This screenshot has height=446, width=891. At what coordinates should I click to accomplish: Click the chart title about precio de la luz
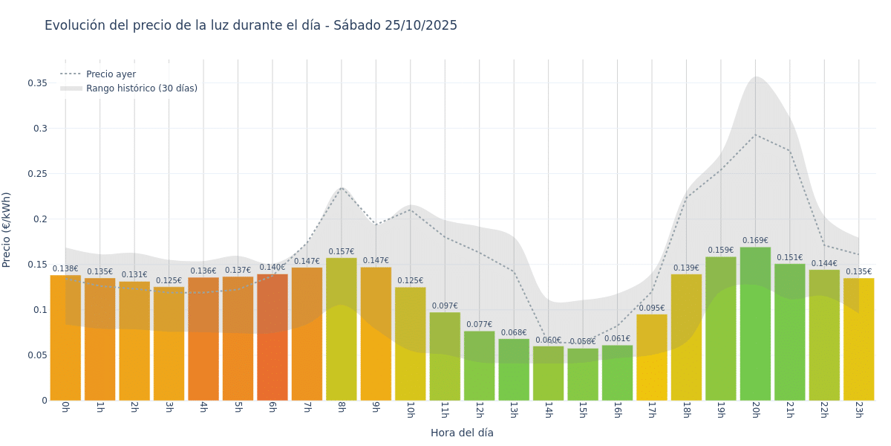tap(251, 25)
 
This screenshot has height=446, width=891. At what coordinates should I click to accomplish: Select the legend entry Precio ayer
tap(111, 74)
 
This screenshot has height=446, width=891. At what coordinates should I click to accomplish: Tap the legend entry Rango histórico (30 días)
tap(141, 88)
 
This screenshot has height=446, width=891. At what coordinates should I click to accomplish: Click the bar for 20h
tap(755, 323)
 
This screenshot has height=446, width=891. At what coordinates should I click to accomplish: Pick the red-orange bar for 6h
tap(272, 337)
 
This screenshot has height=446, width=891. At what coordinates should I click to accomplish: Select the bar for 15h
tap(583, 375)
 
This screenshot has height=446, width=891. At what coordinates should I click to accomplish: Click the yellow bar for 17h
tap(652, 357)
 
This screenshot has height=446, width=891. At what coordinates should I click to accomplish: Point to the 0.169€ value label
tap(755, 241)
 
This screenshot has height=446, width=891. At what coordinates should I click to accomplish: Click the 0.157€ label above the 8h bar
tap(342, 252)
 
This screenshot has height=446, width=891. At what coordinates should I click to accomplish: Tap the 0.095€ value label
tap(652, 308)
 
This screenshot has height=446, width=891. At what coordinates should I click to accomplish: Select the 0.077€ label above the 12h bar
tap(479, 325)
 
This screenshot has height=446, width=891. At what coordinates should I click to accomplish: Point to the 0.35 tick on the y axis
tap(38, 83)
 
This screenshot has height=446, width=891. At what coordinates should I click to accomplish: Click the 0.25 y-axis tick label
tap(38, 174)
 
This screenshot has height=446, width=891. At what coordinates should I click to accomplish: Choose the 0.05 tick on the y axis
tap(38, 355)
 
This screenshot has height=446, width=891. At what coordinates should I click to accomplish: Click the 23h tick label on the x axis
tap(858, 410)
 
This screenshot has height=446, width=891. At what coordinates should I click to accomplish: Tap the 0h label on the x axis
tap(65, 407)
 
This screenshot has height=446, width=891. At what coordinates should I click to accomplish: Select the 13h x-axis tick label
tap(514, 410)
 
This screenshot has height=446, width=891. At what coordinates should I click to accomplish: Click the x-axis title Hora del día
tap(462, 433)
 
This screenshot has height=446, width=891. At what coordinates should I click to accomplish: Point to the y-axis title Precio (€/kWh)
tap(7, 230)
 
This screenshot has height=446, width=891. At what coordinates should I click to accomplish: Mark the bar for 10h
tap(411, 343)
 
